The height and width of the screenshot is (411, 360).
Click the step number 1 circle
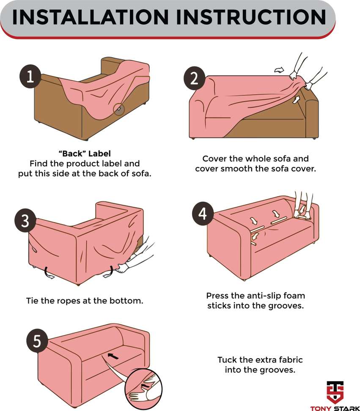30,76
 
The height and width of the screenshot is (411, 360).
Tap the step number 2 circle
194,78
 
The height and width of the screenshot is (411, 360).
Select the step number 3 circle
25,220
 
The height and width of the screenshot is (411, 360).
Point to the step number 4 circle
203,214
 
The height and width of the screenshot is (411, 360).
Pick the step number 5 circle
37,340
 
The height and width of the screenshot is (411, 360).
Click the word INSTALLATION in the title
91,17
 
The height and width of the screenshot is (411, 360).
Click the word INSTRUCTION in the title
251,17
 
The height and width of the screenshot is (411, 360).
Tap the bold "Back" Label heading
85,153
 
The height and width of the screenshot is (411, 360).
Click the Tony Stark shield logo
335,392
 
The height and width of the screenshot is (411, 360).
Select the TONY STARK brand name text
335,408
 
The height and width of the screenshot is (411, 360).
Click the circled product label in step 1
119,109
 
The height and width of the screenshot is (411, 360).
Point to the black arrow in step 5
113,356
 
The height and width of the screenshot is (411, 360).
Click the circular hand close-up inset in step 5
143,389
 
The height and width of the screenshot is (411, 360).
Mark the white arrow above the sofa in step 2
279,70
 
